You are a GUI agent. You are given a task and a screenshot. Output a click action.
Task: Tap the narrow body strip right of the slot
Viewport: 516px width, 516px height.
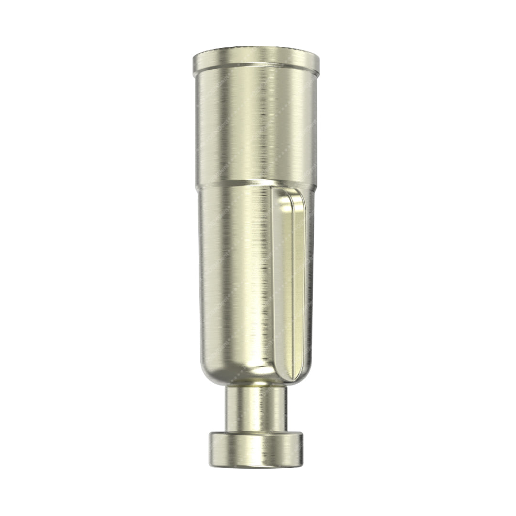[x=309, y=287]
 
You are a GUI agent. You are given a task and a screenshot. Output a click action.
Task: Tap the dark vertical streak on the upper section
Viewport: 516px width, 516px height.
[x=262, y=124]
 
